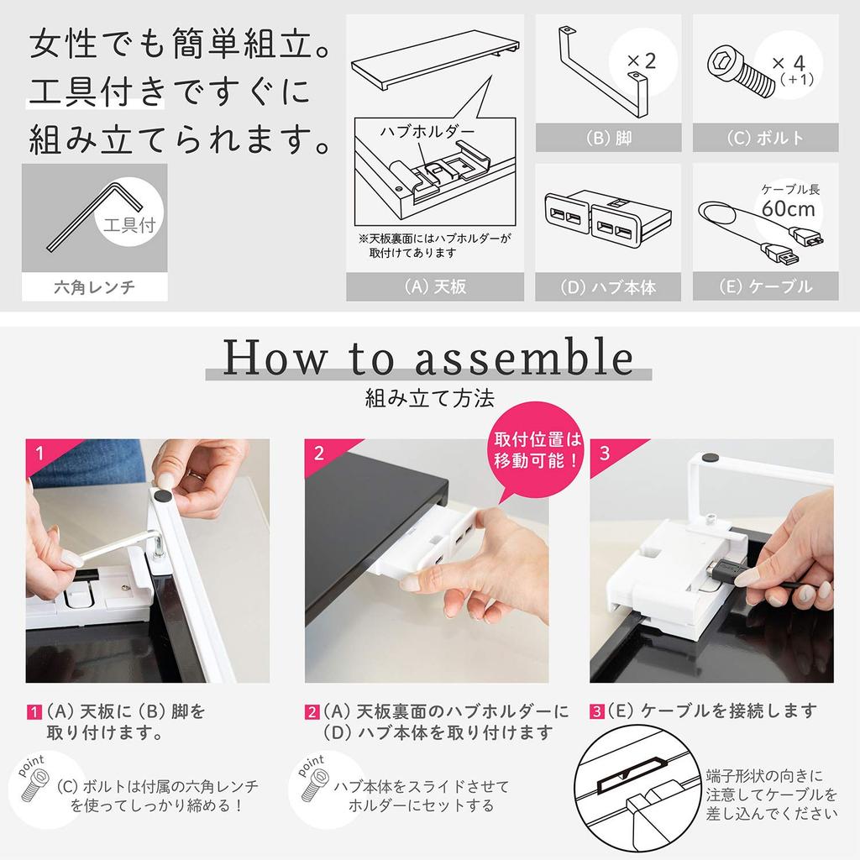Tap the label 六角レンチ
click(94, 289)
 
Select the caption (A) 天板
click(434, 287)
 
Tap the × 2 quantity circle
click(642, 61)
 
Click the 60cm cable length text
click(790, 207)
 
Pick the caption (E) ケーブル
click(765, 287)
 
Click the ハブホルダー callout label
click(427, 132)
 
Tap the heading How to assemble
click(428, 357)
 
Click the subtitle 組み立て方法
click(429, 397)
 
